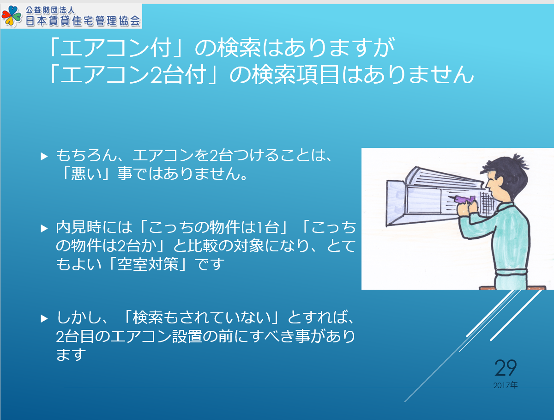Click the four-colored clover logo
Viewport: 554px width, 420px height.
(x=12, y=16)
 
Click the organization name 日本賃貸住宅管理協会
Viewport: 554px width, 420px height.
(x=83, y=21)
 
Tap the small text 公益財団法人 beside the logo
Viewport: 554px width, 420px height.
(x=50, y=10)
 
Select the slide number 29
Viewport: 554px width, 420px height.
(x=506, y=368)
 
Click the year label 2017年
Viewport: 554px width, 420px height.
(x=505, y=385)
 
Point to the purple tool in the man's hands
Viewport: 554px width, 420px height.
(x=466, y=200)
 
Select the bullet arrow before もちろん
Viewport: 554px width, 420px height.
(x=44, y=156)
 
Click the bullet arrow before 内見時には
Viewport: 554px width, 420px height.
(x=44, y=228)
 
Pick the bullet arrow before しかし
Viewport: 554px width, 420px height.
(x=44, y=318)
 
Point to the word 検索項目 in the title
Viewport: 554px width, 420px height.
(x=295, y=74)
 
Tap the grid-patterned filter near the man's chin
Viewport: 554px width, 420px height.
(x=486, y=204)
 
